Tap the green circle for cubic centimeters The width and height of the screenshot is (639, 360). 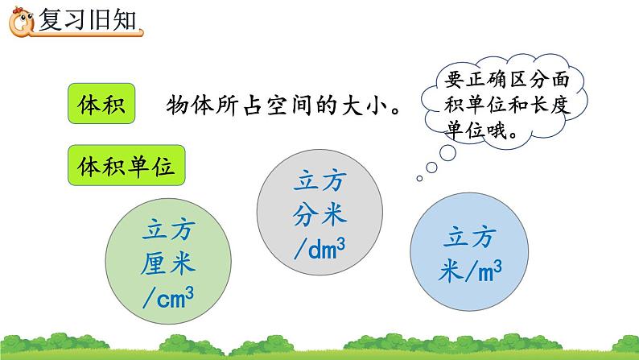[174, 259]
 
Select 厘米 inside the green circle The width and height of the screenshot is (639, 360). [174, 265]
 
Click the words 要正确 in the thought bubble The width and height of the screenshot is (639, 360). [471, 79]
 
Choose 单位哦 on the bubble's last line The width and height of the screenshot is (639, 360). [480, 130]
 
